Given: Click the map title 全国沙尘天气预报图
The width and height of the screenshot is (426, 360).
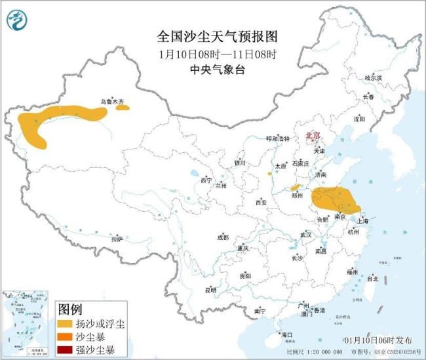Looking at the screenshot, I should [x=213, y=35].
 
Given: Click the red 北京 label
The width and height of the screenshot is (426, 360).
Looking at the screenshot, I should [x=313, y=136].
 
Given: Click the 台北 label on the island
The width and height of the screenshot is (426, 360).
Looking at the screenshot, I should [x=372, y=278].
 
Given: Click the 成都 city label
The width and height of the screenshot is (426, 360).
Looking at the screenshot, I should [x=223, y=237].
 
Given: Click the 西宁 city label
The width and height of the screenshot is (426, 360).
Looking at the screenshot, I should [x=206, y=180].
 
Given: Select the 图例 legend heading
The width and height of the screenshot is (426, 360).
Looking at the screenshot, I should [x=69, y=308].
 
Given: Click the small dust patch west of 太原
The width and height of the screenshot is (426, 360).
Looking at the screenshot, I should [x=269, y=174].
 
